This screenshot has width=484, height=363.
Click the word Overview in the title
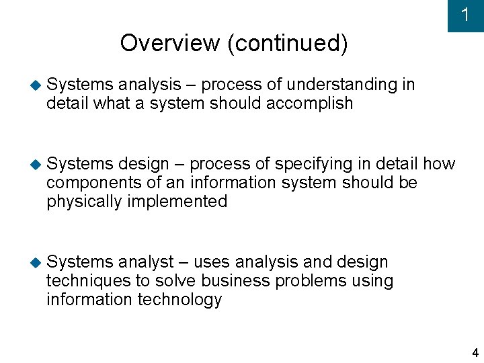(x=169, y=44)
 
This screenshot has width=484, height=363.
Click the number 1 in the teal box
(x=465, y=15)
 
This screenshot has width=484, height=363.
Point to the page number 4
(x=475, y=353)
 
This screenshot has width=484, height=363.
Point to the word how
(x=440, y=164)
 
